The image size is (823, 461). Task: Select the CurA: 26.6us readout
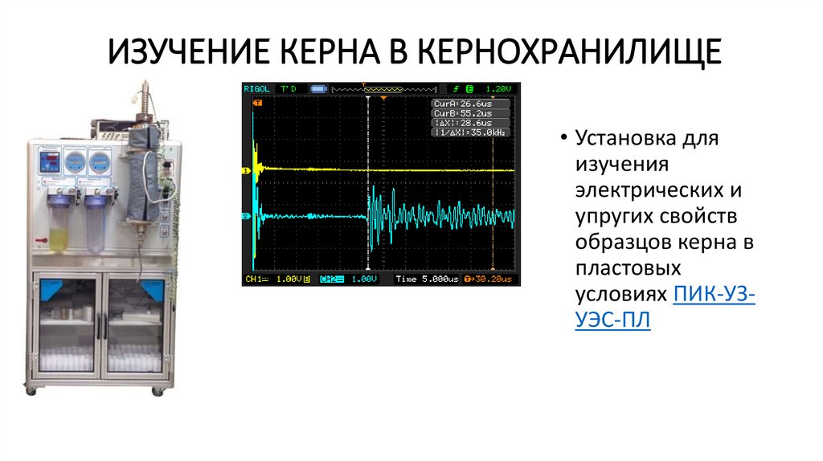coord(461,104)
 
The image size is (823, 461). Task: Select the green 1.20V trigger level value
coord(498,88)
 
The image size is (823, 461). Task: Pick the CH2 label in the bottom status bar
coord(330,279)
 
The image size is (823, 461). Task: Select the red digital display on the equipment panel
coord(49,159)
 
